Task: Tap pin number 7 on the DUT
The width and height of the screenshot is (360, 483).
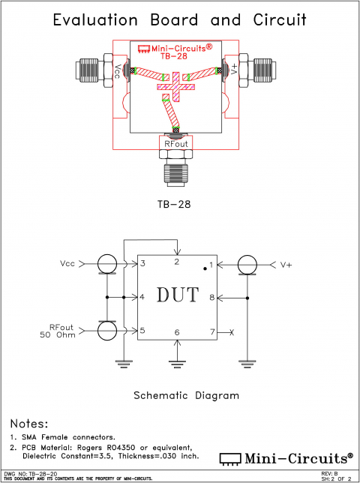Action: coord(212,331)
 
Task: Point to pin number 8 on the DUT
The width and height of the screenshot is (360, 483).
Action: coord(212,298)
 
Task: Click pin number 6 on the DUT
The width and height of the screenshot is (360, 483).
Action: coord(177,331)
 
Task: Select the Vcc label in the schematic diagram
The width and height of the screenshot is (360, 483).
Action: coord(67,264)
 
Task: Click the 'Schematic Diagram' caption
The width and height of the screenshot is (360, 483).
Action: coord(186,395)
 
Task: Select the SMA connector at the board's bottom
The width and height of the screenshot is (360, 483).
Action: coord(178,169)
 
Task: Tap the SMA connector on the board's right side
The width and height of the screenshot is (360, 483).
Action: coord(262,70)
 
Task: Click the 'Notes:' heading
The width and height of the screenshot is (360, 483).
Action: coord(28,424)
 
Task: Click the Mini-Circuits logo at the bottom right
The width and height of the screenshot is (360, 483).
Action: coord(286,457)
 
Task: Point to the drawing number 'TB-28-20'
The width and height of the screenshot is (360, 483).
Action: coord(43,474)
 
